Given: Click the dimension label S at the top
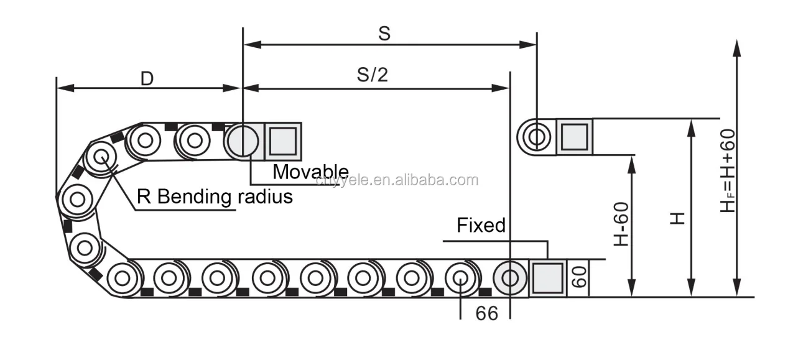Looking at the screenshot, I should click(x=384, y=34).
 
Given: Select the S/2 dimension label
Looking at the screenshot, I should click(x=372, y=75).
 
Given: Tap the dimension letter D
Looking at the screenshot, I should click(x=147, y=78).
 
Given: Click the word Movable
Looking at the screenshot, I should click(x=310, y=172).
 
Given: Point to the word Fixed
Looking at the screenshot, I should click(x=481, y=225).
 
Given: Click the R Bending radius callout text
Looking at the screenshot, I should click(x=215, y=197).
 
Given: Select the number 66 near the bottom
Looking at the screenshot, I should click(x=487, y=313).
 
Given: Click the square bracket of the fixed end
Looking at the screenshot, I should click(x=547, y=278).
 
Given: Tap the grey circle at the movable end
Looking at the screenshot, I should click(x=243, y=141).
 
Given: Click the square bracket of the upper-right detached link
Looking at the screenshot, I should click(x=574, y=136).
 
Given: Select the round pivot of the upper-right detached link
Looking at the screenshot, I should click(x=536, y=136).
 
